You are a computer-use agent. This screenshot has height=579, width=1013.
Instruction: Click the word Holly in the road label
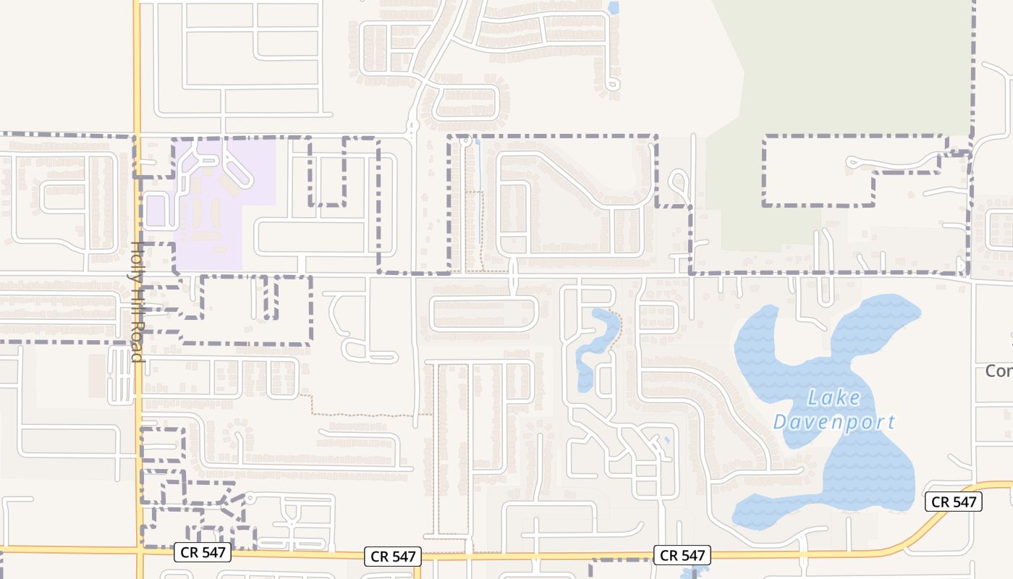pyautogui.click(x=136, y=256)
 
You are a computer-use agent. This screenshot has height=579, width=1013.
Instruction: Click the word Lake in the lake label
pyautogui.click(x=834, y=397)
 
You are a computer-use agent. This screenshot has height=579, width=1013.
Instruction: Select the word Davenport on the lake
pyautogui.click(x=834, y=422)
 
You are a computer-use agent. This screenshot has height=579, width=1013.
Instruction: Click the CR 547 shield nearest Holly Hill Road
pyautogui.click(x=203, y=553)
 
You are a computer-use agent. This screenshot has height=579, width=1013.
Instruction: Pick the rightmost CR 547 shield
pyautogui.click(x=953, y=502)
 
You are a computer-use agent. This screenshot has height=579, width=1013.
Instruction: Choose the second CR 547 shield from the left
pyautogui.click(x=392, y=556)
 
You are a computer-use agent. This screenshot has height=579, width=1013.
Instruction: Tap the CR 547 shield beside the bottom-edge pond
pyautogui.click(x=682, y=555)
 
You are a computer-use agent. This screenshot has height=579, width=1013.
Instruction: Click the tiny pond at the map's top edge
pyautogui.click(x=614, y=8)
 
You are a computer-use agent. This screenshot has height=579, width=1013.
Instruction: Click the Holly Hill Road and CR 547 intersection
pyautogui.click(x=137, y=550)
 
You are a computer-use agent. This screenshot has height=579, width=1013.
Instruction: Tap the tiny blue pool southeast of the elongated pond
pyautogui.click(x=666, y=439)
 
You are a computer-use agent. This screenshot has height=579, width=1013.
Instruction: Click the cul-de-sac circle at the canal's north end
pyautogui.click(x=467, y=139)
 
